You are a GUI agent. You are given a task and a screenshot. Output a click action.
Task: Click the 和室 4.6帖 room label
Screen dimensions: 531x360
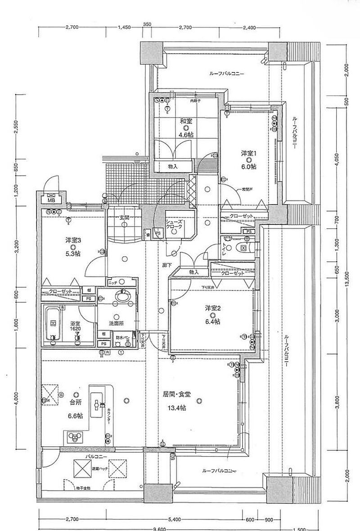point(174,127)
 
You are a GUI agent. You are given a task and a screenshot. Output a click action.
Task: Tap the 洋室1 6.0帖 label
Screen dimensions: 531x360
point(248,160)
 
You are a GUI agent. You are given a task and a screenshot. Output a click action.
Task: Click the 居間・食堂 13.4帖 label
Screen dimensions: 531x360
point(176,400)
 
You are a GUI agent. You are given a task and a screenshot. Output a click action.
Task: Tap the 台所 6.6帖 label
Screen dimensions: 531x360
point(75,409)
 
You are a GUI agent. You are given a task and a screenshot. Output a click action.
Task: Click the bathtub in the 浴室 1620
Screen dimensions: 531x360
point(53,323)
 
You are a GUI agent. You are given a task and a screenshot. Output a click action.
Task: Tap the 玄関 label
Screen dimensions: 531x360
point(124,218)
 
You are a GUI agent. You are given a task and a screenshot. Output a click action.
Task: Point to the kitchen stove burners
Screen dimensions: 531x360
point(74,436)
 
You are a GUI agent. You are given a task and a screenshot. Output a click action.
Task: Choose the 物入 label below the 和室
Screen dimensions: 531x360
point(172,167)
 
